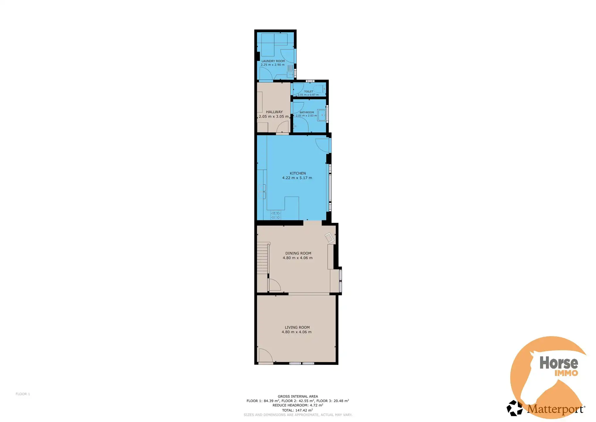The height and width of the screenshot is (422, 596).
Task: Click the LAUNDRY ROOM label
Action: coord(273,61)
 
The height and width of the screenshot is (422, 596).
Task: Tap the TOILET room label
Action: coord(308,91)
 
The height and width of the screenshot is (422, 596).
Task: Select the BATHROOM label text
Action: coord(307,112)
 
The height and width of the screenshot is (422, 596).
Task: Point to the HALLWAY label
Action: coord(274,112)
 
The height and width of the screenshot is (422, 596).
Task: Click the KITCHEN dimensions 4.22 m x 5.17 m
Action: coord(297,178)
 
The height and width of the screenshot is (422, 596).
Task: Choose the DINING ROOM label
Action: coord(298,253)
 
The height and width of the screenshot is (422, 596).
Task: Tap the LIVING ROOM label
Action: coord(297,327)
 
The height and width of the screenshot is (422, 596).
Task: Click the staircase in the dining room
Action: coord(263,259)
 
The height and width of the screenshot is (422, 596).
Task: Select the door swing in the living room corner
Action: coord(265,355)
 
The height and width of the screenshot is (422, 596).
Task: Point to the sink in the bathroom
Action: coord(322,115)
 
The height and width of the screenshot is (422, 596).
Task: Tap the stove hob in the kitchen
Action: coord(276,215)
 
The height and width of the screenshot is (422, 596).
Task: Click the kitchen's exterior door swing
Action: coord(322,145)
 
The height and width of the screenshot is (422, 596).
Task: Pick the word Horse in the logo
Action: coord(559,363)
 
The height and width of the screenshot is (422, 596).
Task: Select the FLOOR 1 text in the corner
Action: coord(23,394)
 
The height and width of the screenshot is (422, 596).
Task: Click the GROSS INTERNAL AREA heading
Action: coord(298,396)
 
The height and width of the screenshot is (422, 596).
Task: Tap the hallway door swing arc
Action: coord(283,127)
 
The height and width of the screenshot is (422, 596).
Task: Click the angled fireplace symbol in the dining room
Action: coord(329,238)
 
